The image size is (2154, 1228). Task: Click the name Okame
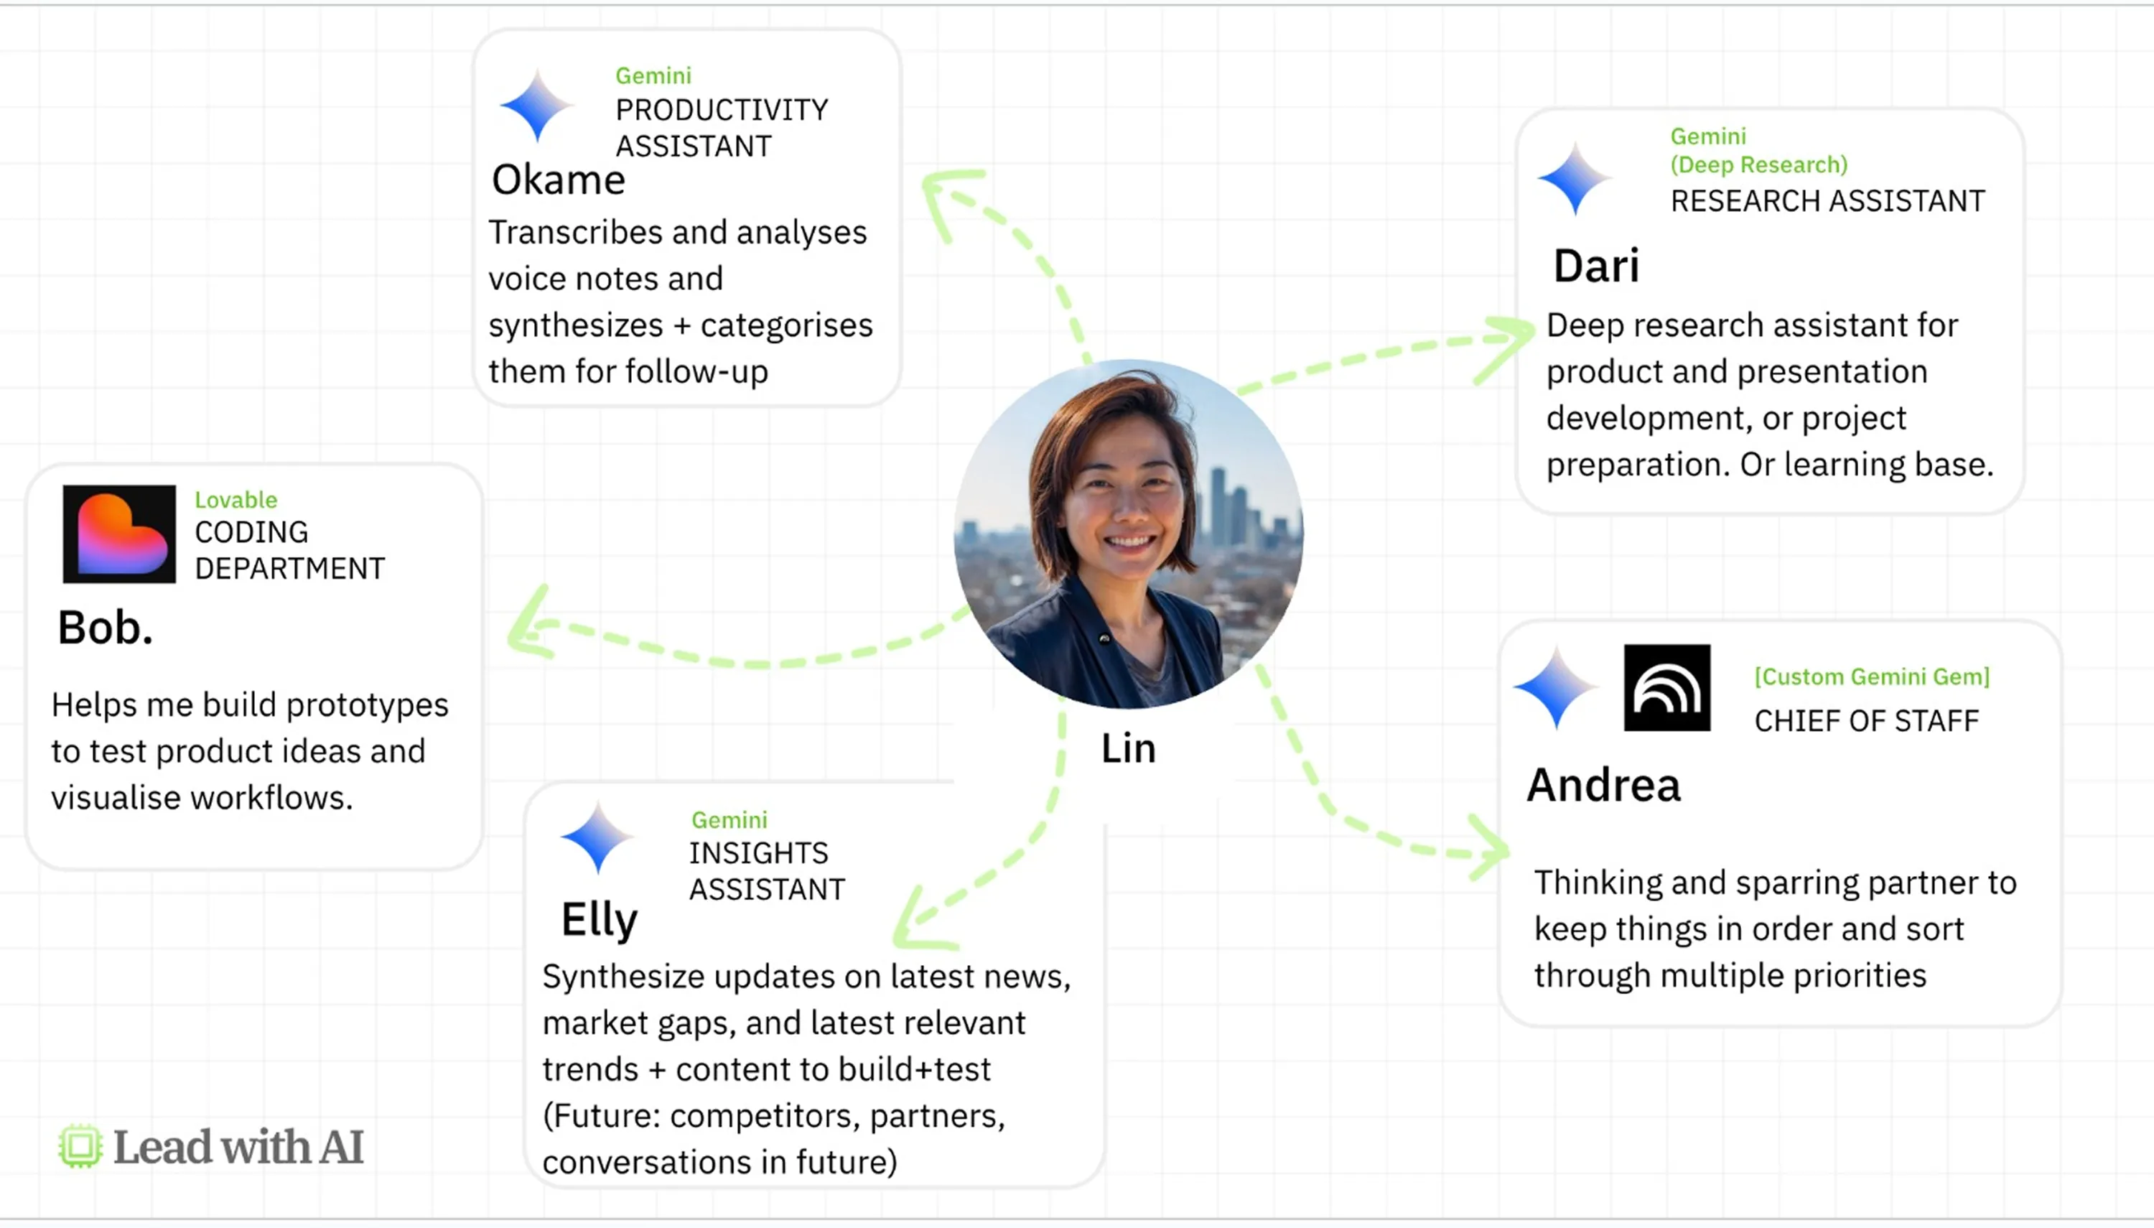point(558,180)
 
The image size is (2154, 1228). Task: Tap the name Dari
point(1596,266)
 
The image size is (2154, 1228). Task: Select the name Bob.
point(105,628)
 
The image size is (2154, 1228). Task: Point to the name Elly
point(600,919)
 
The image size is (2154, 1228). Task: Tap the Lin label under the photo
point(1128,749)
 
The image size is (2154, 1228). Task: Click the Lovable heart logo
point(120,534)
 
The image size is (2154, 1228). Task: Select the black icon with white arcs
point(1666,688)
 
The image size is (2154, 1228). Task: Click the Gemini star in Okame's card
point(536,107)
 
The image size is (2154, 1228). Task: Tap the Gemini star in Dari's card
point(1573,179)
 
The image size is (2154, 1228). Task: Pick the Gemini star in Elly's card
point(597,837)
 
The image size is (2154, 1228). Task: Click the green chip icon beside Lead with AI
point(80,1146)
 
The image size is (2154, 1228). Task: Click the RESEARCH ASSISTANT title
point(1827,202)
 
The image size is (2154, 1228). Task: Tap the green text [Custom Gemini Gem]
point(1872,676)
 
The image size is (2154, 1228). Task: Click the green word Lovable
point(236,500)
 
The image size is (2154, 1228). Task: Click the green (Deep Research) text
point(1758,165)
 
